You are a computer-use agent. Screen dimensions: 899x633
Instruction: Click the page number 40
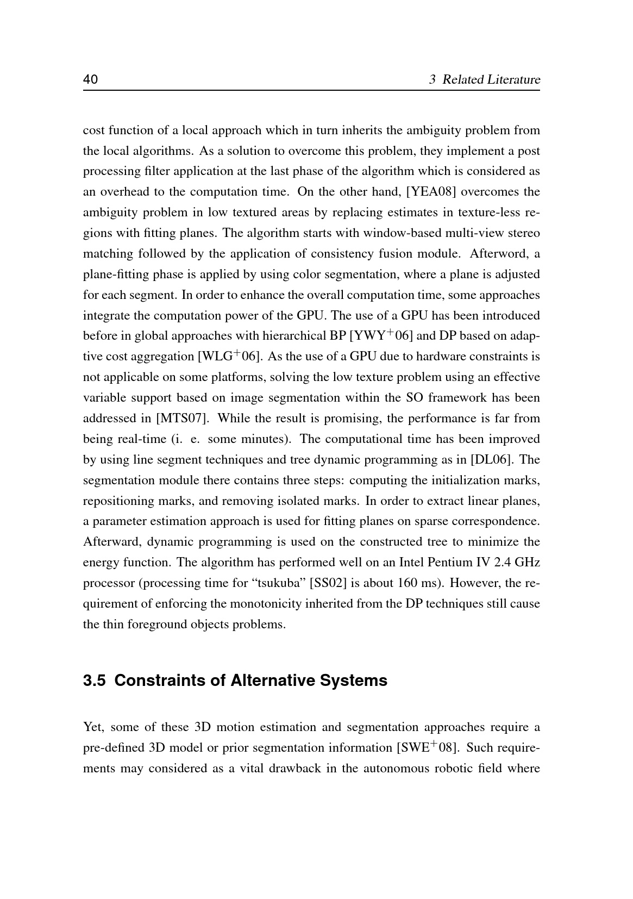click(90, 80)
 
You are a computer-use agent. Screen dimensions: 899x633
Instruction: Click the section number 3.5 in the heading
click(95, 681)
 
